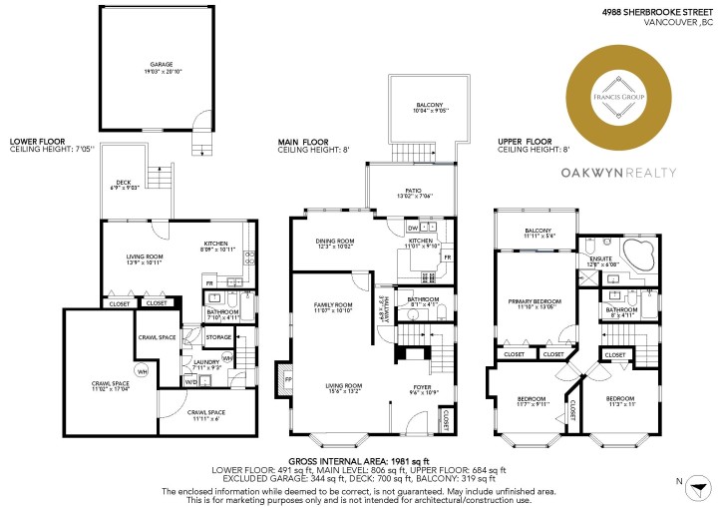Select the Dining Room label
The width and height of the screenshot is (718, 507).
click(x=334, y=243)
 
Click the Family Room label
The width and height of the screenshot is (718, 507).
click(x=334, y=306)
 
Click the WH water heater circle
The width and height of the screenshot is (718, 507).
click(x=143, y=372)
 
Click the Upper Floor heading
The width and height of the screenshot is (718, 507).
click(x=524, y=143)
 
